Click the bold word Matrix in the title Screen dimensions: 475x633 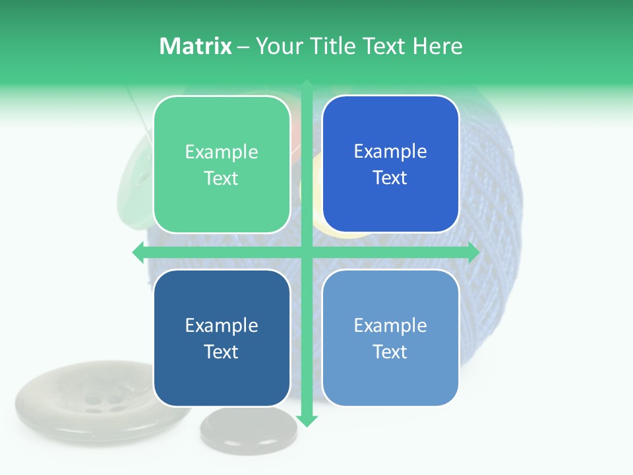(196, 46)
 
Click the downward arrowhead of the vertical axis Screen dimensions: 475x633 (307, 420)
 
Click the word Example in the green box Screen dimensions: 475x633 (222, 152)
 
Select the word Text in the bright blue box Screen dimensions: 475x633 (390, 178)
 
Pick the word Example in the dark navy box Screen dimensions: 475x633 (222, 326)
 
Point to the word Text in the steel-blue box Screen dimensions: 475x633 (390, 352)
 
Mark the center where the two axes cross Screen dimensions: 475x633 (307, 252)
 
